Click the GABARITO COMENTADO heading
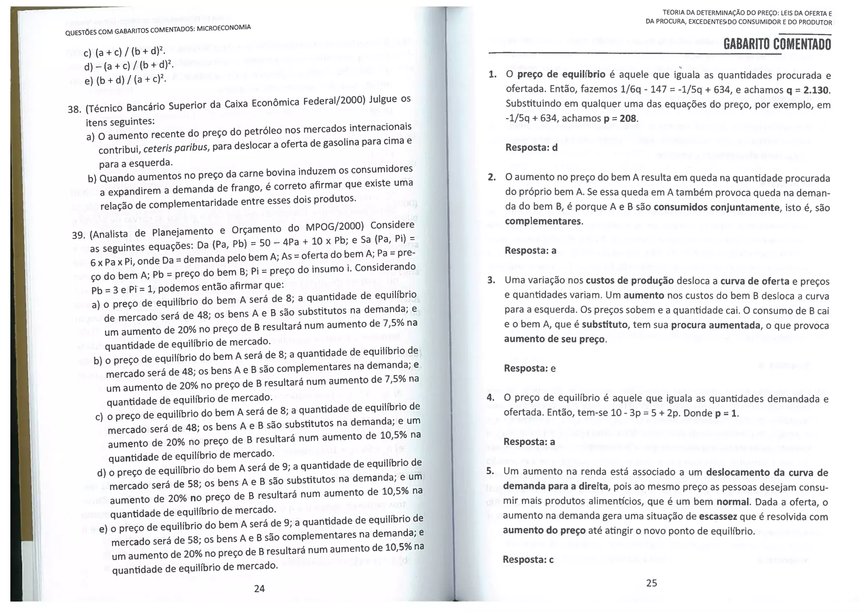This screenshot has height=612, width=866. [x=777, y=44]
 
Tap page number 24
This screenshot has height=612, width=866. [x=259, y=588]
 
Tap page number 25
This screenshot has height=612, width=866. [x=652, y=583]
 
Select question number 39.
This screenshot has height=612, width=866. [x=79, y=235]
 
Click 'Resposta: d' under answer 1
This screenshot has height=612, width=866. [x=532, y=148]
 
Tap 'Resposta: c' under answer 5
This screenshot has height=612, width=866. [x=528, y=560]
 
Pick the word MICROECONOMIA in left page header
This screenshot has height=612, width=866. [x=224, y=28]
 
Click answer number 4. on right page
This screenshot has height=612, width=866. [x=491, y=397]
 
